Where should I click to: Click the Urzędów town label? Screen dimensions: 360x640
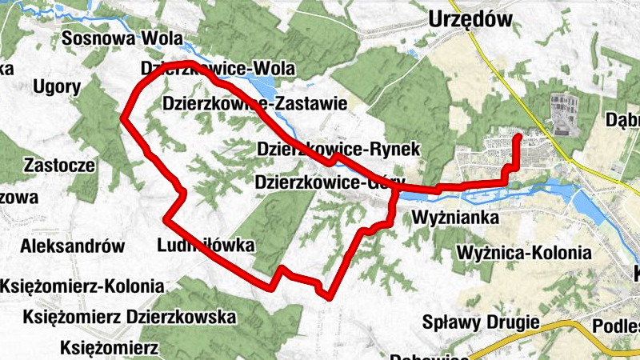pyautogui.click(x=470, y=18)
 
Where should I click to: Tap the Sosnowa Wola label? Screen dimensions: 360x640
pyautogui.click(x=122, y=38)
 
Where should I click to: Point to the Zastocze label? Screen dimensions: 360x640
pyautogui.click(x=60, y=166)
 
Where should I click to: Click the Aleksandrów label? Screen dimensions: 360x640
pyautogui.click(x=74, y=246)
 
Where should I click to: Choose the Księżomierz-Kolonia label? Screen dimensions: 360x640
pyautogui.click(x=82, y=286)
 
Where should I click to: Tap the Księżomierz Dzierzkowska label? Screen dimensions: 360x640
pyautogui.click(x=119, y=318)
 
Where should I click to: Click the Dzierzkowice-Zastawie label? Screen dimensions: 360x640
pyautogui.click(x=254, y=103)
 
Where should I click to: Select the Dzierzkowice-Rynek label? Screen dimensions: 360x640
pyautogui.click(x=339, y=149)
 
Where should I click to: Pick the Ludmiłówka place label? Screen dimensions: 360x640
pyautogui.click(x=206, y=245)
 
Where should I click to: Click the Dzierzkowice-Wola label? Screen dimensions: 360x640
pyautogui.click(x=218, y=67)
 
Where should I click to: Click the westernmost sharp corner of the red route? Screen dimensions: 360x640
pyautogui.click(x=124, y=118)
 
